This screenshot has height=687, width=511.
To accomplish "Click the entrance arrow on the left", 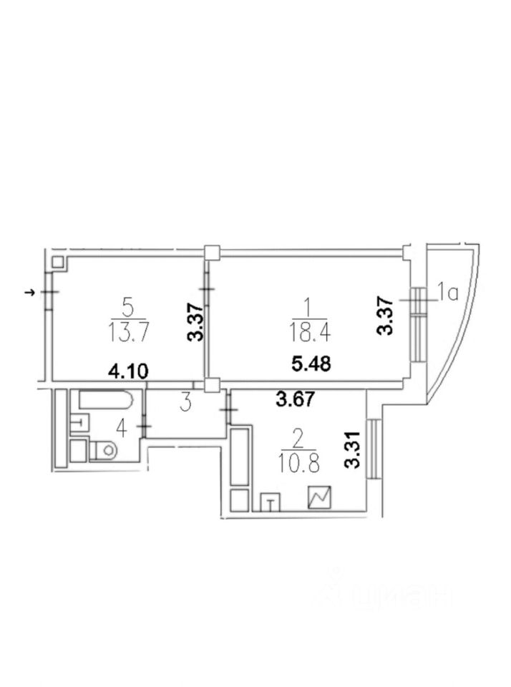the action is coord(30,292).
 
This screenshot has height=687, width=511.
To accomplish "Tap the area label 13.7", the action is coord(128,333).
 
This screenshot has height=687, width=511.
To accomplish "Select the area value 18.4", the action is coord(310,333).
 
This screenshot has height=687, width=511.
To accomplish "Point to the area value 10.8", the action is coord(298,463).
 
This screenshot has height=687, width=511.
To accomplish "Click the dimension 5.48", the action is coord(311,364).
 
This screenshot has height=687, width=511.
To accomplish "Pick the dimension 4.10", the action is coord(128,372).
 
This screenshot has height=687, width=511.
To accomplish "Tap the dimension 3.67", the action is coord(296,399).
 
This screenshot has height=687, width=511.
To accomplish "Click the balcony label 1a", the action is coord(448,293).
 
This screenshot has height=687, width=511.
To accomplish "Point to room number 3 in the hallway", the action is coord(186,403).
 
